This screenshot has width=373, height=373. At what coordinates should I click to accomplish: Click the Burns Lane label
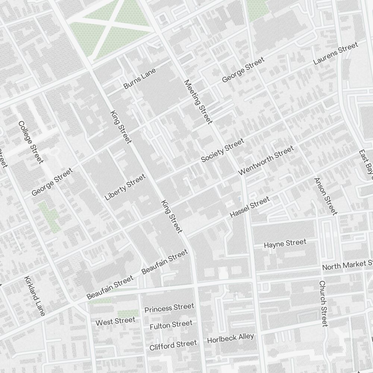[x=139, y=78]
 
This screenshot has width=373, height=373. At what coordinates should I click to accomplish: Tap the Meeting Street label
[x=198, y=101]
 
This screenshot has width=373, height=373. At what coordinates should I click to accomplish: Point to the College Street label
[x=31, y=142]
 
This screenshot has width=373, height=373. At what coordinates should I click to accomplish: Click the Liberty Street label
[x=125, y=187]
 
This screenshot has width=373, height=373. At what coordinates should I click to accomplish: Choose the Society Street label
[x=223, y=150]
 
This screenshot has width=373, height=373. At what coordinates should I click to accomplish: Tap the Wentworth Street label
[x=266, y=160]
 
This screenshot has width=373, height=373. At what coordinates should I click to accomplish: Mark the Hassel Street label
[x=250, y=207]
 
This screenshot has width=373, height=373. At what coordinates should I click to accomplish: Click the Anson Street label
[x=325, y=196]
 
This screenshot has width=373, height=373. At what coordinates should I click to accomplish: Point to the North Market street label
[x=347, y=265]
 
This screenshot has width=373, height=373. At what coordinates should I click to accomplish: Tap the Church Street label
[x=323, y=303]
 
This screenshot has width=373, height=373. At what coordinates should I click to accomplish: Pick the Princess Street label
[x=169, y=308]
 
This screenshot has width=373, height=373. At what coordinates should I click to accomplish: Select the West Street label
[x=115, y=321]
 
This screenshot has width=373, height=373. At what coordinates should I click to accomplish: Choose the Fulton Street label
[x=171, y=325]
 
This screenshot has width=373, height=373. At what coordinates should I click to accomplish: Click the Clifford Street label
[x=173, y=345]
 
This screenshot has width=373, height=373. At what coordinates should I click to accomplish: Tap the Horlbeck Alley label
[x=230, y=338]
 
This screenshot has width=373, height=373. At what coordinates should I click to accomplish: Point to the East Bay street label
[x=366, y=162]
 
